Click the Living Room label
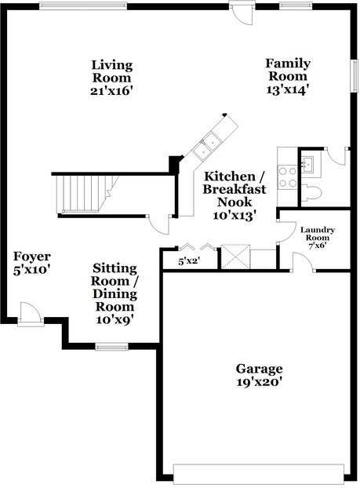coord(111,77)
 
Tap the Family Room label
coord(287,76)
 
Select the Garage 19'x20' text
coord(259,375)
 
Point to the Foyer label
coord(32,263)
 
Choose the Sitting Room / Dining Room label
coord(115,293)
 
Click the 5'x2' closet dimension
coord(187,260)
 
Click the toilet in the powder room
coord(311,191)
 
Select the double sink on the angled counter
coord(208,144)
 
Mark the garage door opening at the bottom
coord(258,473)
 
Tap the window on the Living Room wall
coord(82,6)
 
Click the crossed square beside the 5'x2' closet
coord(235,257)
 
